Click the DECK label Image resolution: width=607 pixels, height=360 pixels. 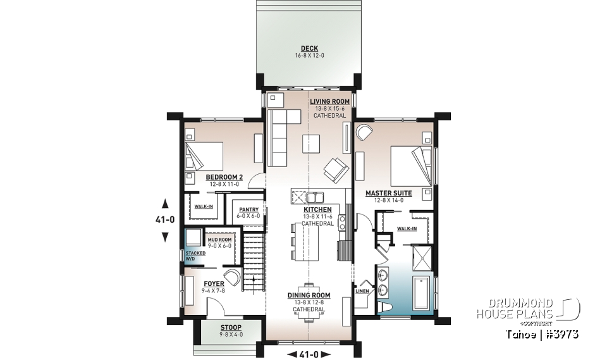(x=309, y=48)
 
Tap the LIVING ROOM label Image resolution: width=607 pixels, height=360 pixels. (x=329, y=101)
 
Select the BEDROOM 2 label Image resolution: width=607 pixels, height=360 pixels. (x=224, y=177)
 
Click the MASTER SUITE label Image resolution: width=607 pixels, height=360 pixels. (x=388, y=193)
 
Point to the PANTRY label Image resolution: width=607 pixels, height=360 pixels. (x=249, y=209)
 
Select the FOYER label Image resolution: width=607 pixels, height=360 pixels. (x=214, y=283)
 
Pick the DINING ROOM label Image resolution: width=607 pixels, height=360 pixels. (x=309, y=295)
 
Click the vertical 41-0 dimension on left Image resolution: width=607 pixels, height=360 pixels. (x=165, y=220)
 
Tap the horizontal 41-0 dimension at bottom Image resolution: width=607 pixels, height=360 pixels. (x=309, y=354)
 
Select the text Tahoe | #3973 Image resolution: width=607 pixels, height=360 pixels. (x=541, y=333)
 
